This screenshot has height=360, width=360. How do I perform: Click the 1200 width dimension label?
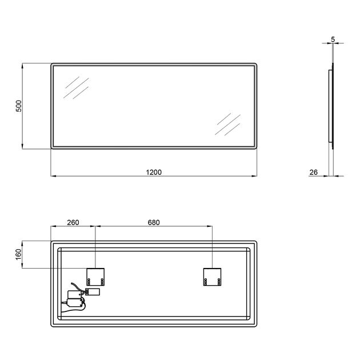point(154,172)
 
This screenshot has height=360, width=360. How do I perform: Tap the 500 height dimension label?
point(19,106)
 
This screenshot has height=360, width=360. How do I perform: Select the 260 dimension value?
point(73,222)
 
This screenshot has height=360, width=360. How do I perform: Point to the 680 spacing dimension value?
point(154,222)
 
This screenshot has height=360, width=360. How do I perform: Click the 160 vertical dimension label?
point(18,254)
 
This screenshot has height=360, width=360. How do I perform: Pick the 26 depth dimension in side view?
point(313,172)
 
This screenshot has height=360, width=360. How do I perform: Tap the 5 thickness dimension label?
point(333,39)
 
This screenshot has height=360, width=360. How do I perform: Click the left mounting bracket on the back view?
point(95,277)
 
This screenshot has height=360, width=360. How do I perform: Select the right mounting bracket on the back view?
point(212,277)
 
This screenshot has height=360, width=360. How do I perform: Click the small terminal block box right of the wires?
point(93,292)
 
